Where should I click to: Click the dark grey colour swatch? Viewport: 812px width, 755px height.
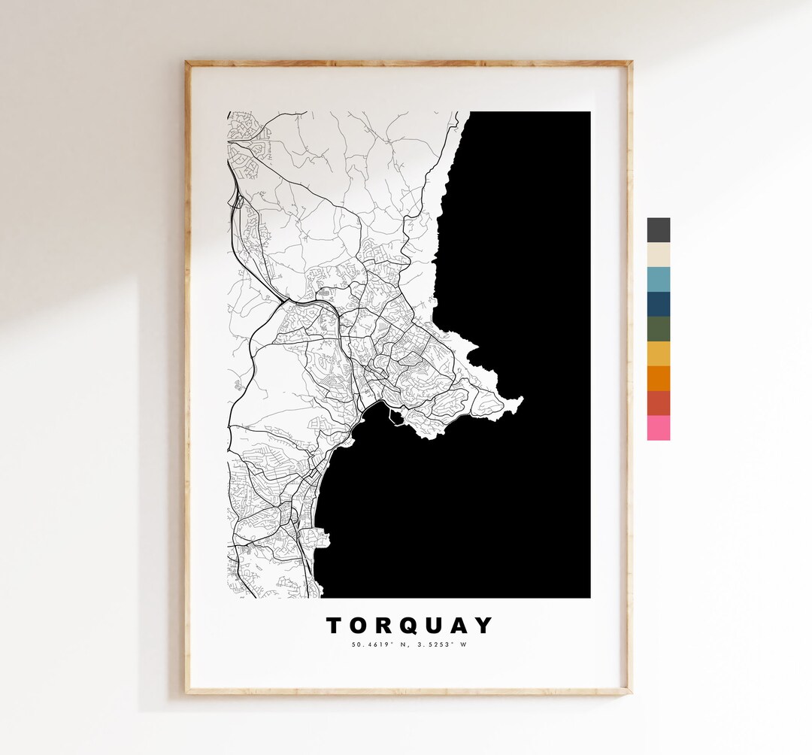coord(658,230)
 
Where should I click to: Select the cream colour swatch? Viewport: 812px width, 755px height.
coord(658,255)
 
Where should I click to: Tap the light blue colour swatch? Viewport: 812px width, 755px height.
coord(658,280)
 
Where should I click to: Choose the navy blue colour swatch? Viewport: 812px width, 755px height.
coord(658,305)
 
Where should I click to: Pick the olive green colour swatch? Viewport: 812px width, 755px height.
coord(658,329)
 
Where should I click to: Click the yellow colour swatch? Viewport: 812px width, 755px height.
coord(658,354)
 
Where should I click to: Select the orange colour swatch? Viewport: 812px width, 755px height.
coord(658,378)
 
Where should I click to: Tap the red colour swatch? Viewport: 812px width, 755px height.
coord(658,403)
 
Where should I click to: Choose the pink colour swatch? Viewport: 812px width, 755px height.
coord(658,428)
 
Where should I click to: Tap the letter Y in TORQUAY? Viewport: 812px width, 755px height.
coord(486,626)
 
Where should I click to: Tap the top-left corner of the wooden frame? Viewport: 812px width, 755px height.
coord(187,62)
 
